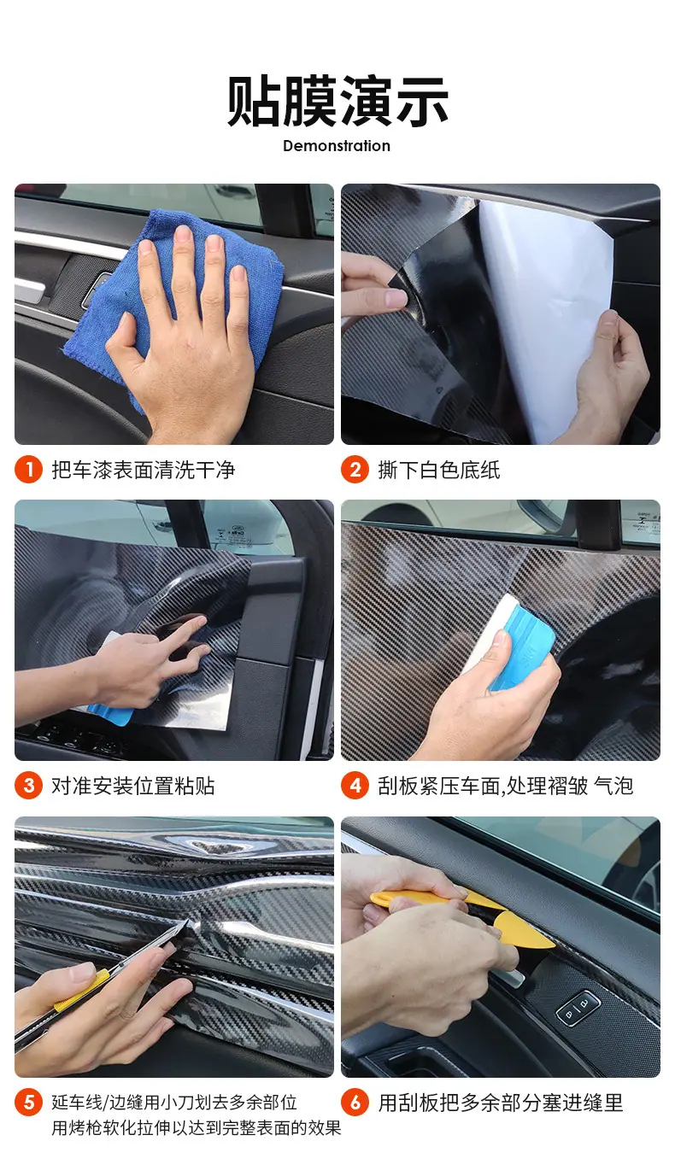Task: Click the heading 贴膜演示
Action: [337, 101]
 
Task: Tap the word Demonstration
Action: [337, 146]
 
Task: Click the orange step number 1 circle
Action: [28, 470]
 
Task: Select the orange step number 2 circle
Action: [355, 470]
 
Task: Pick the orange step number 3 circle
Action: [28, 786]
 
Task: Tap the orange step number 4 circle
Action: [355, 786]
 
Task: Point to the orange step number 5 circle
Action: [28, 1103]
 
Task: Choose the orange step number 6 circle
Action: [355, 1103]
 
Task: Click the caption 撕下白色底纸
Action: [439, 470]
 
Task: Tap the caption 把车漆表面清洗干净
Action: [144, 470]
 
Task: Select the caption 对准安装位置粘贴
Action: [133, 787]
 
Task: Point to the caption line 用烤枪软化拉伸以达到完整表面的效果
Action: [196, 1127]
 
